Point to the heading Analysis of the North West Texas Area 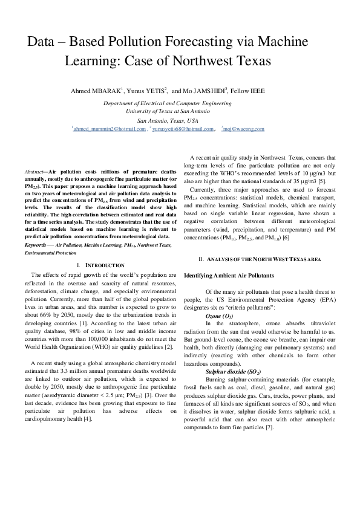point(260,259)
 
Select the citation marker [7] point(269,427)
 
